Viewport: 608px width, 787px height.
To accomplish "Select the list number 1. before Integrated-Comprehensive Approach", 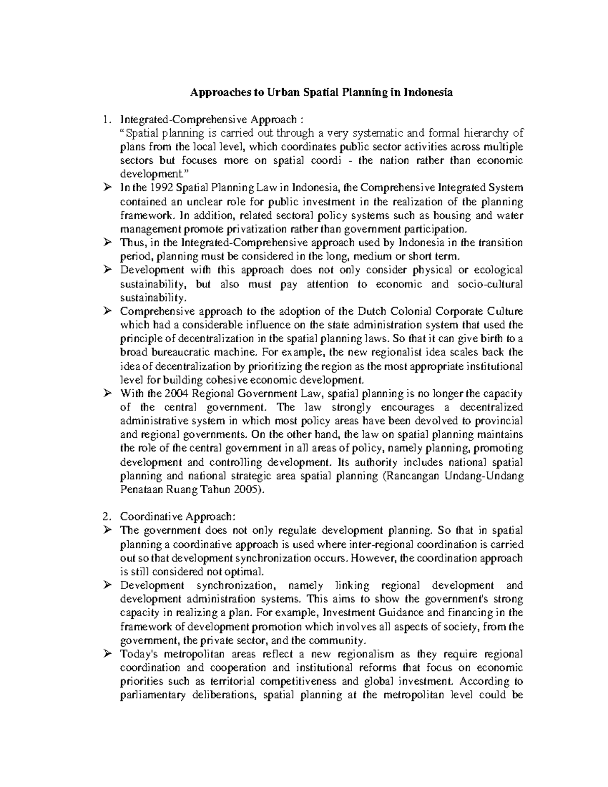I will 105,120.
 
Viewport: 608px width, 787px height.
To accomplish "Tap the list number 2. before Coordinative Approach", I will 105,517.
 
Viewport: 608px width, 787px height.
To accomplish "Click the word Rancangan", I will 412,476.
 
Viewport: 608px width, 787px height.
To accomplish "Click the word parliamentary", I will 153,695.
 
